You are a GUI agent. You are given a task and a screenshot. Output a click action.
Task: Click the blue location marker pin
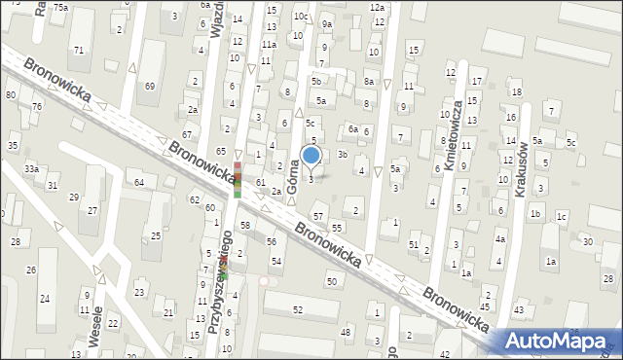(x=311, y=155)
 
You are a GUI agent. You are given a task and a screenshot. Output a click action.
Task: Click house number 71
(x=78, y=50)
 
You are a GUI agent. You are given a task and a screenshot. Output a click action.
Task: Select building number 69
(x=149, y=87)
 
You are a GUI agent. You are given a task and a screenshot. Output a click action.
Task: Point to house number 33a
(x=32, y=168)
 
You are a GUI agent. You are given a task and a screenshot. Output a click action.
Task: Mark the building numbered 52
(x=298, y=309)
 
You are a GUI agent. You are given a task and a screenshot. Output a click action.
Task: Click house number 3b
(x=343, y=154)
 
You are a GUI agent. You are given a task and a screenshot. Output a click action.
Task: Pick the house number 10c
(x=301, y=17)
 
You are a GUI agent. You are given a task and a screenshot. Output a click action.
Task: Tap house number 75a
(x=60, y=7)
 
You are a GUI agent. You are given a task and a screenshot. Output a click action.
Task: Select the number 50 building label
(x=332, y=281)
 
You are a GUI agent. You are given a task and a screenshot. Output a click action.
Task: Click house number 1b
(x=534, y=213)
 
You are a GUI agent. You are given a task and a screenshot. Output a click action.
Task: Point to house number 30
(x=587, y=240)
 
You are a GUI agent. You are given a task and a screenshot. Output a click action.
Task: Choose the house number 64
(x=139, y=182)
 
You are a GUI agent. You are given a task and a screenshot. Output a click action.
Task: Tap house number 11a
(x=269, y=44)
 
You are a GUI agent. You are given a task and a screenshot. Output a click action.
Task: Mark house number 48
(x=347, y=332)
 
